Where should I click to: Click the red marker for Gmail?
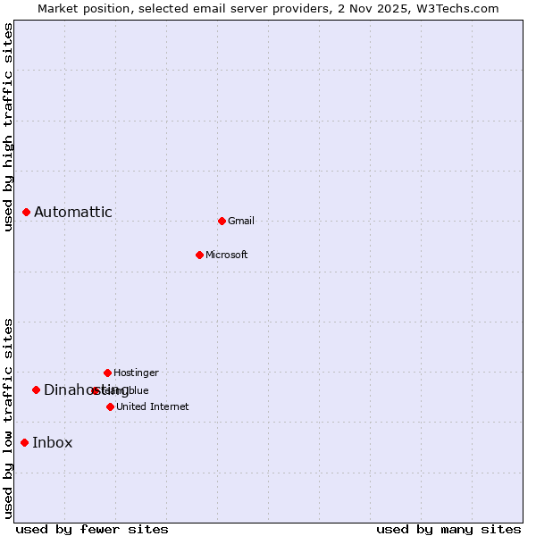[x=222, y=221]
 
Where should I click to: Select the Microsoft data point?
[x=199, y=255]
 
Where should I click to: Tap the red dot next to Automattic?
[x=27, y=212]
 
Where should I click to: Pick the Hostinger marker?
[x=107, y=373]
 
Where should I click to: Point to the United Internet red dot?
[x=110, y=406]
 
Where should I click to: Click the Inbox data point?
[x=25, y=442]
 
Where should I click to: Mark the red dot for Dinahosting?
[x=37, y=389]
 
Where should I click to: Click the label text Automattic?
[x=73, y=212]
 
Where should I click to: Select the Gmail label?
[x=241, y=221]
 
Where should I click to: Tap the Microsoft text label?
[x=227, y=255]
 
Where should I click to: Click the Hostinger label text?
[x=136, y=373]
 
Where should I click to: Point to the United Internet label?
[x=153, y=406]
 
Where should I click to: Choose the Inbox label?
[x=53, y=442]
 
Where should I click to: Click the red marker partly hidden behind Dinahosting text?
[x=96, y=390]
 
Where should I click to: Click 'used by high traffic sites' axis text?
[x=9, y=127]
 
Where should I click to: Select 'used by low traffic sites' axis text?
[x=9, y=418]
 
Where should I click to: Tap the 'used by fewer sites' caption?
[x=92, y=529]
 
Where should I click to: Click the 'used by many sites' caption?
[x=448, y=529]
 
